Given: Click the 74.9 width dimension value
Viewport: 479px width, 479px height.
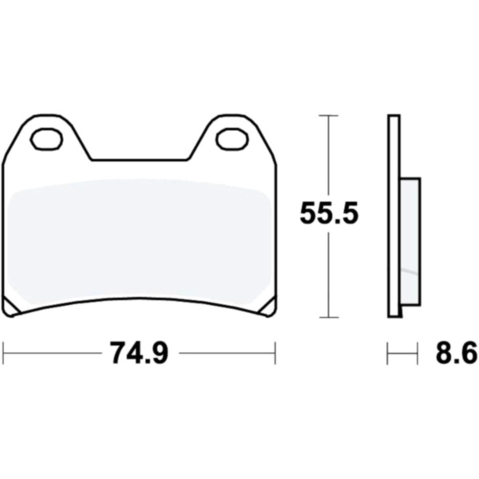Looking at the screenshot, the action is pos(139,353).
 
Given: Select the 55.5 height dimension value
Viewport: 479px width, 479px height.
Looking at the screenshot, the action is pos(328,213).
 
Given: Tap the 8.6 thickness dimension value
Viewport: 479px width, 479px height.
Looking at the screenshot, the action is pos(456,353).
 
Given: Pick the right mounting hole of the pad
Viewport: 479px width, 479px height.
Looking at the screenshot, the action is pos(232,139).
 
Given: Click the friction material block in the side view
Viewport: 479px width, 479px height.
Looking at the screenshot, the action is pos(410,241).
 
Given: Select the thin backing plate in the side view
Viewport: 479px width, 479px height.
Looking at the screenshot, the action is pos(394,216).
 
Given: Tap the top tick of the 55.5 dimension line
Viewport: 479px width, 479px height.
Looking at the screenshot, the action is pos(328,116).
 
